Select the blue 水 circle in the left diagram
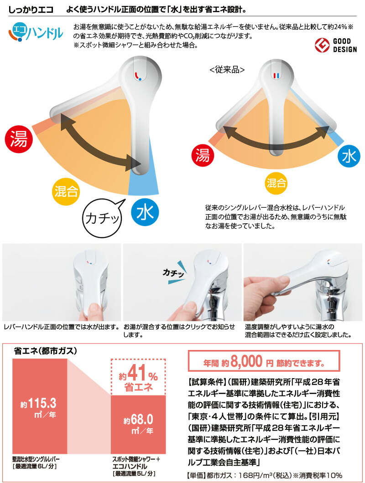point(145,212)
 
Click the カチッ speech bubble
point(102,217)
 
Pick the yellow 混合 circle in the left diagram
point(65,189)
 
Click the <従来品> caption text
point(227,70)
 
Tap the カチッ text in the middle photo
point(173,273)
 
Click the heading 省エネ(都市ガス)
point(46,351)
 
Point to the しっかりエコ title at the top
point(31,9)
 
